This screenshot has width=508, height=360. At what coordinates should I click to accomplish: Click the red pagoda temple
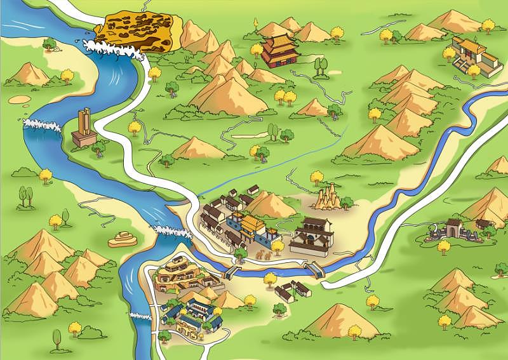point(280,50)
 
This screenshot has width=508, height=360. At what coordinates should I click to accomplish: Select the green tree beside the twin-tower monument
point(98,149)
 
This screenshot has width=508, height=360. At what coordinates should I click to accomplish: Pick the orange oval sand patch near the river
point(18,100)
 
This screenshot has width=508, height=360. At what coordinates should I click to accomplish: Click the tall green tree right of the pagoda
point(318,65)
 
